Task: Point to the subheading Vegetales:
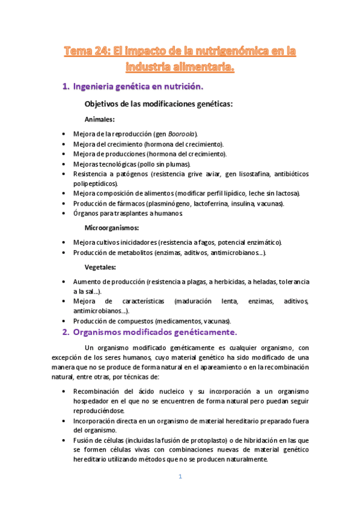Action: [100, 267]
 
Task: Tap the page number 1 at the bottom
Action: [180, 477]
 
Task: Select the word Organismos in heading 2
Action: [100, 332]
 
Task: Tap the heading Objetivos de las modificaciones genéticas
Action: [159, 103]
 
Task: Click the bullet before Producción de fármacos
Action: [64, 203]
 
